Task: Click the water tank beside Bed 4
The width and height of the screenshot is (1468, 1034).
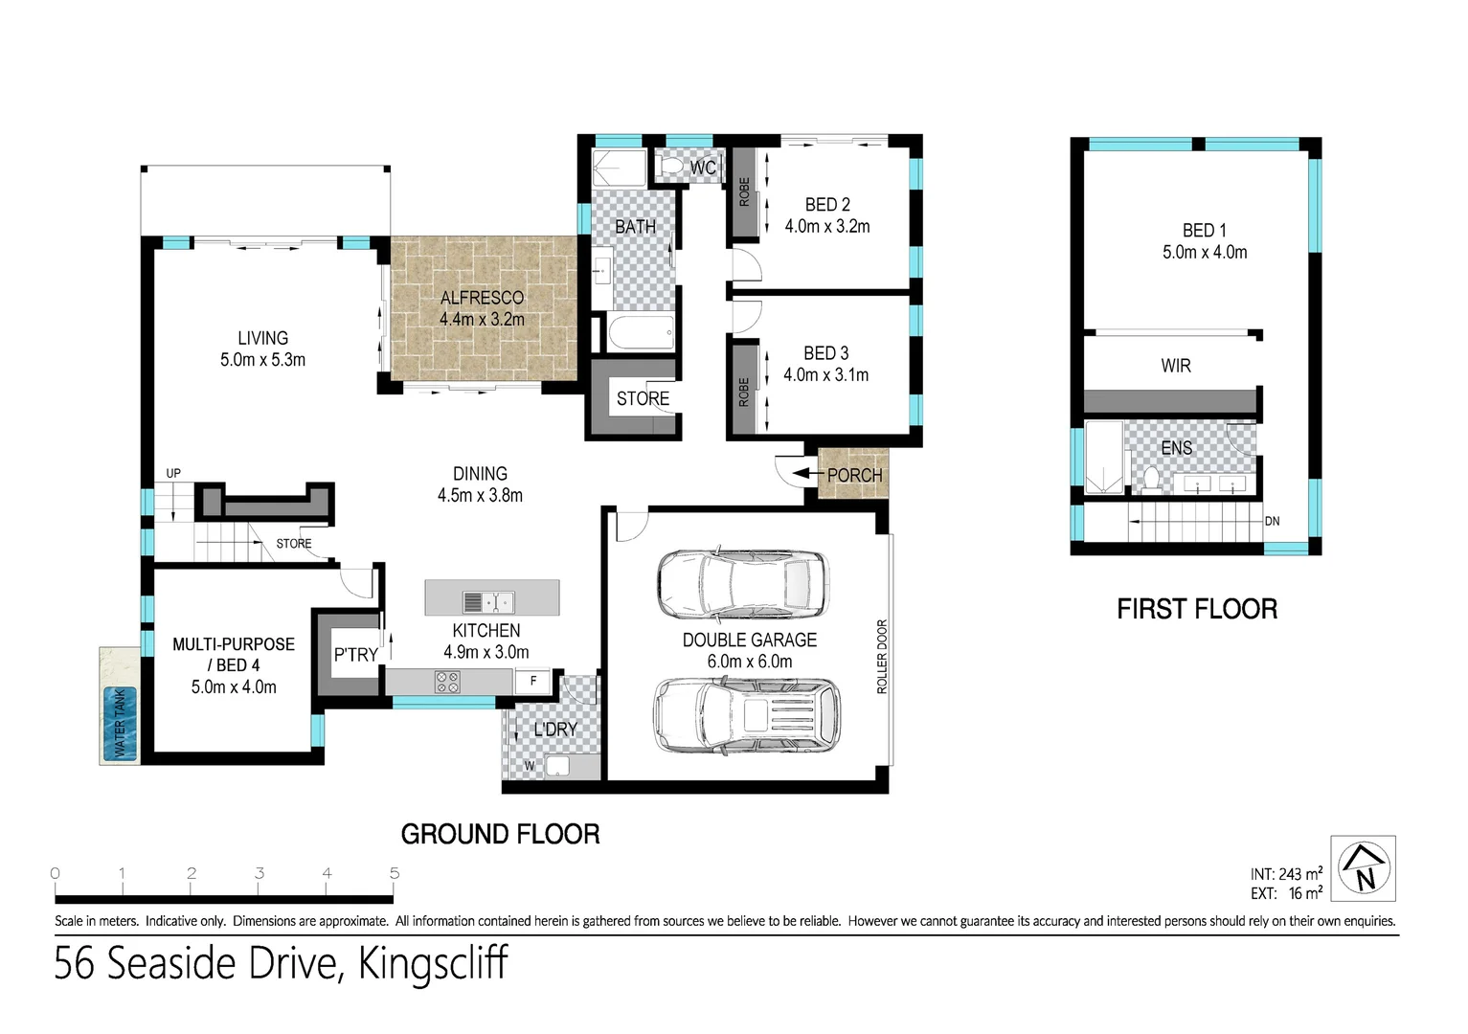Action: (120, 723)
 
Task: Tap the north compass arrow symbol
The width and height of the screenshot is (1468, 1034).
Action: (1365, 866)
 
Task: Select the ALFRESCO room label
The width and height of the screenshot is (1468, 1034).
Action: (482, 298)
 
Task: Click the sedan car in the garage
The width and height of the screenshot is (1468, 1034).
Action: (743, 583)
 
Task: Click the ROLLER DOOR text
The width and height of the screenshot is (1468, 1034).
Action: (882, 657)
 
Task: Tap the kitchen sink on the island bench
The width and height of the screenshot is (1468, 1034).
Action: (488, 602)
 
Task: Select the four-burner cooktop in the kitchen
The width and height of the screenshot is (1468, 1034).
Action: (447, 682)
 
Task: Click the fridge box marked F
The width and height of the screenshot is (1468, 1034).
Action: (533, 681)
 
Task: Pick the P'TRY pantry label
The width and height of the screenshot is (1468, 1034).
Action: (355, 655)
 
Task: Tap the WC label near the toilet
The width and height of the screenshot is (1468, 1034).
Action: (703, 169)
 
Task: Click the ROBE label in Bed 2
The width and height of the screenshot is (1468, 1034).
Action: (744, 191)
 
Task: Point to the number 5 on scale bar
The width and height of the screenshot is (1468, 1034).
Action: (395, 873)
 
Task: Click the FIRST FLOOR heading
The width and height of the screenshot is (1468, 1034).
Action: (1197, 609)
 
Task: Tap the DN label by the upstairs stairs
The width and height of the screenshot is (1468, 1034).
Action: (1272, 522)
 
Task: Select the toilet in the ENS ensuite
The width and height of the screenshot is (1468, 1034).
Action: (1151, 478)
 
